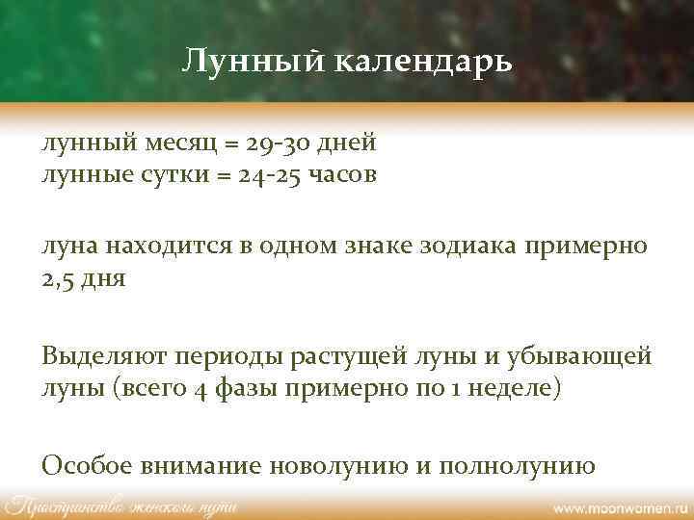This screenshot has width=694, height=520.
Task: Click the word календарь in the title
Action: point(424,64)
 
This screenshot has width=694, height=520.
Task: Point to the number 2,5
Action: point(59,278)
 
